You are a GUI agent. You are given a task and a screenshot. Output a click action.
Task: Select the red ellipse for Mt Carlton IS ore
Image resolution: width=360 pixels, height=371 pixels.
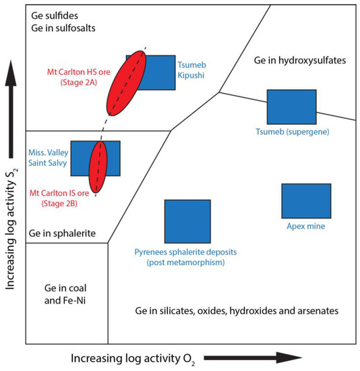point(98,167)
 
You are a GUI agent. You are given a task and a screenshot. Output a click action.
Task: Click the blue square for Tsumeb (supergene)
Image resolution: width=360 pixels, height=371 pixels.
point(291,106)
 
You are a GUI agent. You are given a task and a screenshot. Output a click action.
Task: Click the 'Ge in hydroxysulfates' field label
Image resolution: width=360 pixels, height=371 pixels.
point(299,60)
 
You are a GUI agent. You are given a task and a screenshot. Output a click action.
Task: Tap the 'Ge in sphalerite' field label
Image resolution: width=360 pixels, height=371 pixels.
point(61,233)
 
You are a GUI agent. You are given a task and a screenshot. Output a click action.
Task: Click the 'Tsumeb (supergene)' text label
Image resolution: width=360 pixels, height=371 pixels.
point(291,131)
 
